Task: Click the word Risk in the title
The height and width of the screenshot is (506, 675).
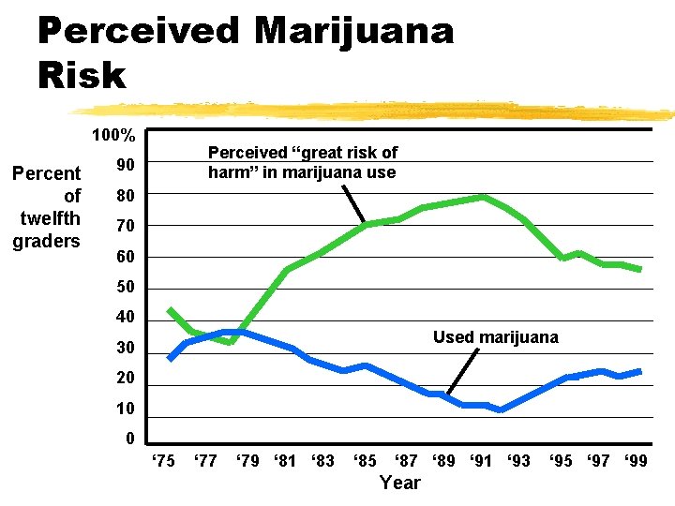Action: [82, 75]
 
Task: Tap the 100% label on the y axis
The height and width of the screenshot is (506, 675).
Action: [113, 136]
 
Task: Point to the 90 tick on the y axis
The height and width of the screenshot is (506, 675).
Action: [125, 166]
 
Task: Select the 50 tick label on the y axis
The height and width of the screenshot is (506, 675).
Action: [125, 288]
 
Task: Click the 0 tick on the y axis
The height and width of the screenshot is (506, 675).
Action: [129, 439]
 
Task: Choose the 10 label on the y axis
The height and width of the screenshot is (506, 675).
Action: [125, 409]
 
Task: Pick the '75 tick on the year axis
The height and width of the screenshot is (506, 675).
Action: [163, 460]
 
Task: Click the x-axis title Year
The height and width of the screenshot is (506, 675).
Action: [400, 483]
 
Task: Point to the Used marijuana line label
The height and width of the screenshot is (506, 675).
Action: [495, 337]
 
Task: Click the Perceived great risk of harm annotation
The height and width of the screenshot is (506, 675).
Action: [302, 162]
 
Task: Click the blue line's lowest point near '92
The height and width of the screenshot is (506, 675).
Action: [501, 409]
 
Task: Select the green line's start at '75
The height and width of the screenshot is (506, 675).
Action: [170, 309]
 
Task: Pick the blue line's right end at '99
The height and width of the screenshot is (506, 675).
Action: [639, 371]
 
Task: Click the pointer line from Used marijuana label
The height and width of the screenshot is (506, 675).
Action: [460, 371]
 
